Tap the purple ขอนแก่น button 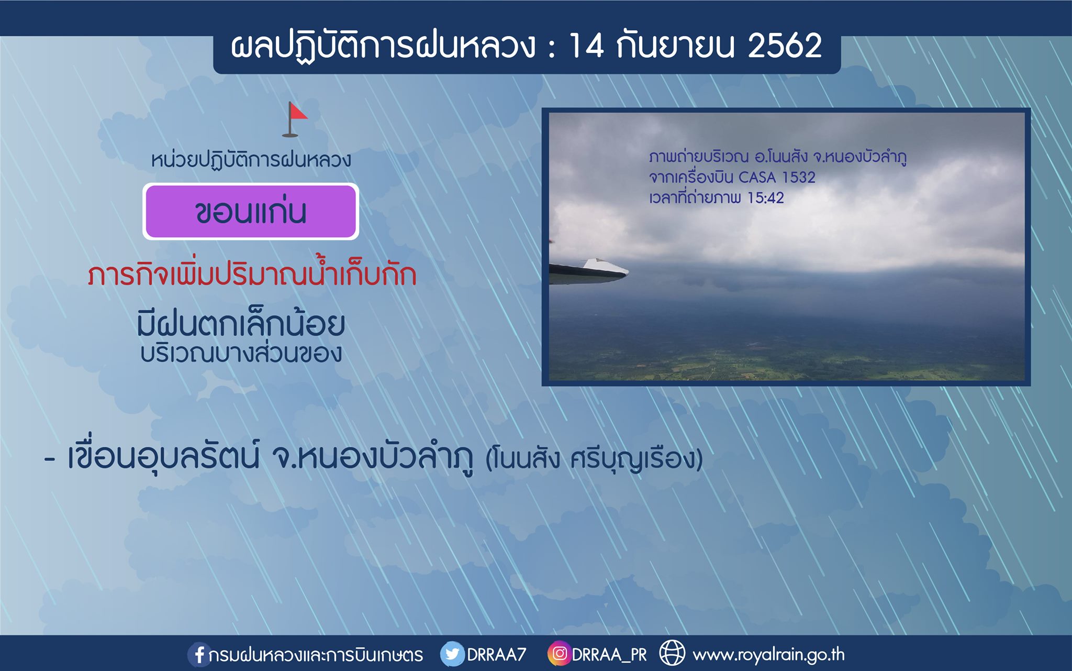pyautogui.click(x=251, y=212)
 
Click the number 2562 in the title pyautogui.click(x=785, y=46)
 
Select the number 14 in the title pyautogui.click(x=586, y=46)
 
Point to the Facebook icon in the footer pyautogui.click(x=198, y=654)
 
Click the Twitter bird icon pyautogui.click(x=452, y=654)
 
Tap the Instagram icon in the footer pyautogui.click(x=559, y=654)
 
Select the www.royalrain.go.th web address pyautogui.click(x=768, y=655)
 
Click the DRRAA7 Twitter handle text pyautogui.click(x=496, y=655)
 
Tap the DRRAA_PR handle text pyautogui.click(x=609, y=655)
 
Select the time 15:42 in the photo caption pyautogui.click(x=766, y=198)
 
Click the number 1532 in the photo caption pyautogui.click(x=798, y=178)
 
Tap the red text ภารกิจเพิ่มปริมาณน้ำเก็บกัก pyautogui.click(x=252, y=273)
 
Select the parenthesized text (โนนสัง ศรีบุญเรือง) pyautogui.click(x=594, y=458)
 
